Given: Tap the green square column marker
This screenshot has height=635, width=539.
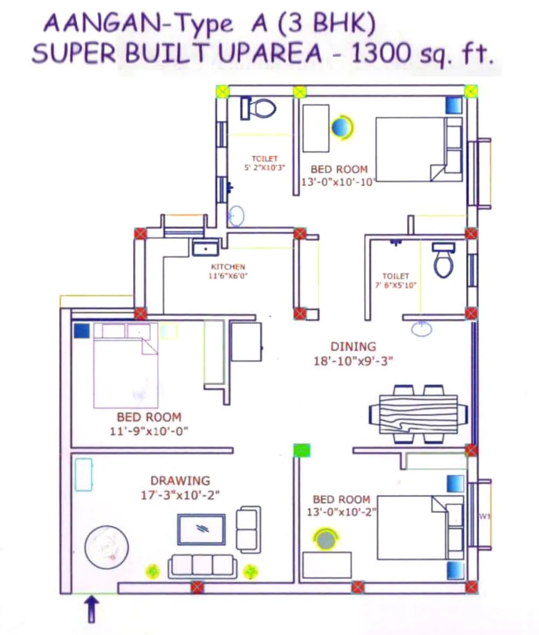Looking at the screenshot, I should [302, 450].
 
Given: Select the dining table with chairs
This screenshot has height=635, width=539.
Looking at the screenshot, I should [418, 414].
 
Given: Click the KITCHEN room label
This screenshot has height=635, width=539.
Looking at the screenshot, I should [228, 267].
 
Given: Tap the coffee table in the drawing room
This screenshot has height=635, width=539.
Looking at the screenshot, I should [202, 529].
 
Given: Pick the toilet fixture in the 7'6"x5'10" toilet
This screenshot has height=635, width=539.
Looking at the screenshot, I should [444, 260].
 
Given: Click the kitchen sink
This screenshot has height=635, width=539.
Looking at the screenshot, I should [205, 247].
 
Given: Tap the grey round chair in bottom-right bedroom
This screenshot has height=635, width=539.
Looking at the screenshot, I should [326, 539].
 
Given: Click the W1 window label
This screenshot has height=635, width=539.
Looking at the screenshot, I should [484, 516].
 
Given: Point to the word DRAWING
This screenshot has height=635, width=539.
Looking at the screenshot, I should [180, 480].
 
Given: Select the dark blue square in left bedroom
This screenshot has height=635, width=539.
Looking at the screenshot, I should [81, 330].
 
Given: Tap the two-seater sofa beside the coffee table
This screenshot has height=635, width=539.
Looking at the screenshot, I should [248, 529].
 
